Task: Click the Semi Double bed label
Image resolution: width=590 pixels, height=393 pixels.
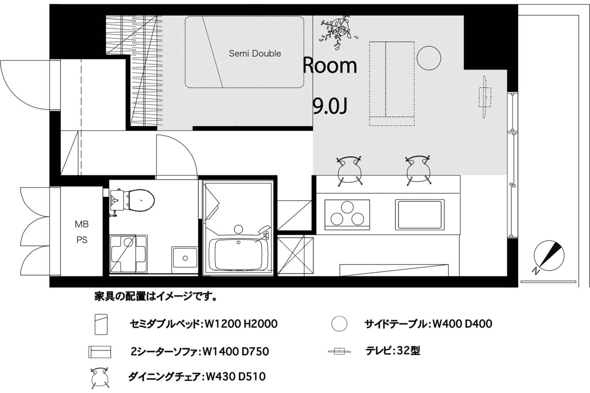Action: [255, 54]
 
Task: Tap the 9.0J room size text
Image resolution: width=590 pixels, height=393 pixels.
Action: [330, 106]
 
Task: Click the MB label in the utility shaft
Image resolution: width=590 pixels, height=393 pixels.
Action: [82, 224]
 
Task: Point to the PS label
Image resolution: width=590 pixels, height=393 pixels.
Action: [82, 240]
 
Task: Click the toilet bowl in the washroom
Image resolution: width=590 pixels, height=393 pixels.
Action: [141, 200]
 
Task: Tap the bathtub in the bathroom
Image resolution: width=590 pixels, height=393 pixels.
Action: [238, 254]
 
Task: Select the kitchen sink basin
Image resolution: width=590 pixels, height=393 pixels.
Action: [420, 214]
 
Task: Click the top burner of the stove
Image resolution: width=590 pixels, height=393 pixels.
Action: [347, 207]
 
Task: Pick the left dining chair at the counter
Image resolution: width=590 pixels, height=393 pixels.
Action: [349, 171]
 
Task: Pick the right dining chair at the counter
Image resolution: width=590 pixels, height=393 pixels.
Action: [418, 170]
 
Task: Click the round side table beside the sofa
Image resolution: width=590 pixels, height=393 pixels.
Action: [429, 58]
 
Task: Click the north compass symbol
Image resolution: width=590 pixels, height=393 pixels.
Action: [549, 256]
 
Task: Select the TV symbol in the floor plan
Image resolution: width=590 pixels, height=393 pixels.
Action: [484, 97]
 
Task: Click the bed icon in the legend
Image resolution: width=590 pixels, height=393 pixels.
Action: [101, 324]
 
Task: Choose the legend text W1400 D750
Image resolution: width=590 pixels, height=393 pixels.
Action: [235, 351]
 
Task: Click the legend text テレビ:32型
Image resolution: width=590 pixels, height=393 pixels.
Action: [393, 350]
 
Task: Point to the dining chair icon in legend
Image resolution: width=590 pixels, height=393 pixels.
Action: [99, 378]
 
